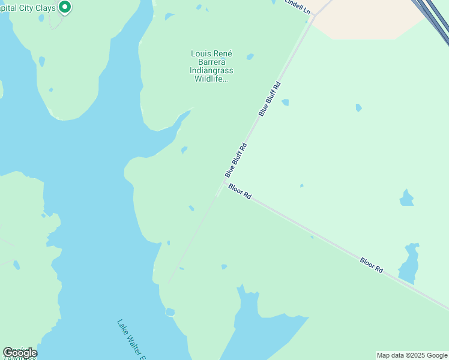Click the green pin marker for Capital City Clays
pos(65,7)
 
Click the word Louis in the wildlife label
pos(200,54)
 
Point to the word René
pos(222,54)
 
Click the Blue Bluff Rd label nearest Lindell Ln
pos(270,98)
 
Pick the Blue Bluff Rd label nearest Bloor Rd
pos(236,159)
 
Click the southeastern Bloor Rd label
pos(372,265)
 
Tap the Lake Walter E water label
pos(131,340)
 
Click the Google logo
pos(20,353)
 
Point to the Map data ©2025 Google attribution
pos(412,355)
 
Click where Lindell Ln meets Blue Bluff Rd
pos(313,16)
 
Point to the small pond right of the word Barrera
pos(250,57)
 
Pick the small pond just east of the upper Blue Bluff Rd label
pos(285,102)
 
